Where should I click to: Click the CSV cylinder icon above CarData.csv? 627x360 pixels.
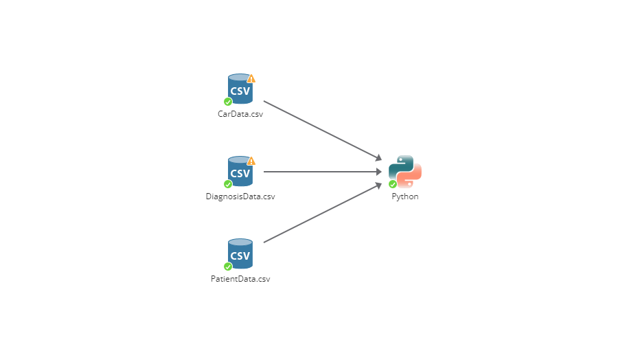click(240, 90)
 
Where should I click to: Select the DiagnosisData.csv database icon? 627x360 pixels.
click(240, 172)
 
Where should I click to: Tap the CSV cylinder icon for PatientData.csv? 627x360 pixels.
click(240, 255)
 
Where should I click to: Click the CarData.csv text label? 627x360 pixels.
click(240, 114)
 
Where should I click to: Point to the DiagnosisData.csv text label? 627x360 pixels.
click(240, 196)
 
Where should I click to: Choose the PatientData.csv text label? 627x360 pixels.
click(240, 279)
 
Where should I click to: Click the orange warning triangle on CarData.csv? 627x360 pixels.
click(251, 78)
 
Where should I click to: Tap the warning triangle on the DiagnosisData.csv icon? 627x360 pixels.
click(251, 161)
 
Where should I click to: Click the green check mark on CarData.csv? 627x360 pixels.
click(228, 102)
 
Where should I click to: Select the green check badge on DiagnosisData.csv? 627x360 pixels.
click(228, 184)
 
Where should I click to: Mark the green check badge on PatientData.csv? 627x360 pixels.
click(228, 267)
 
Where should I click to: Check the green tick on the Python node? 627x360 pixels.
click(393, 184)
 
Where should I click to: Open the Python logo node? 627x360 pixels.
click(405, 172)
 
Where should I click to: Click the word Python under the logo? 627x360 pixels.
click(405, 196)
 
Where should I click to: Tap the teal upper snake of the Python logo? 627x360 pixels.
click(400, 165)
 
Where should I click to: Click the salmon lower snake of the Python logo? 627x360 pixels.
click(411, 179)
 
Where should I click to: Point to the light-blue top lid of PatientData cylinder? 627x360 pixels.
click(240, 243)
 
